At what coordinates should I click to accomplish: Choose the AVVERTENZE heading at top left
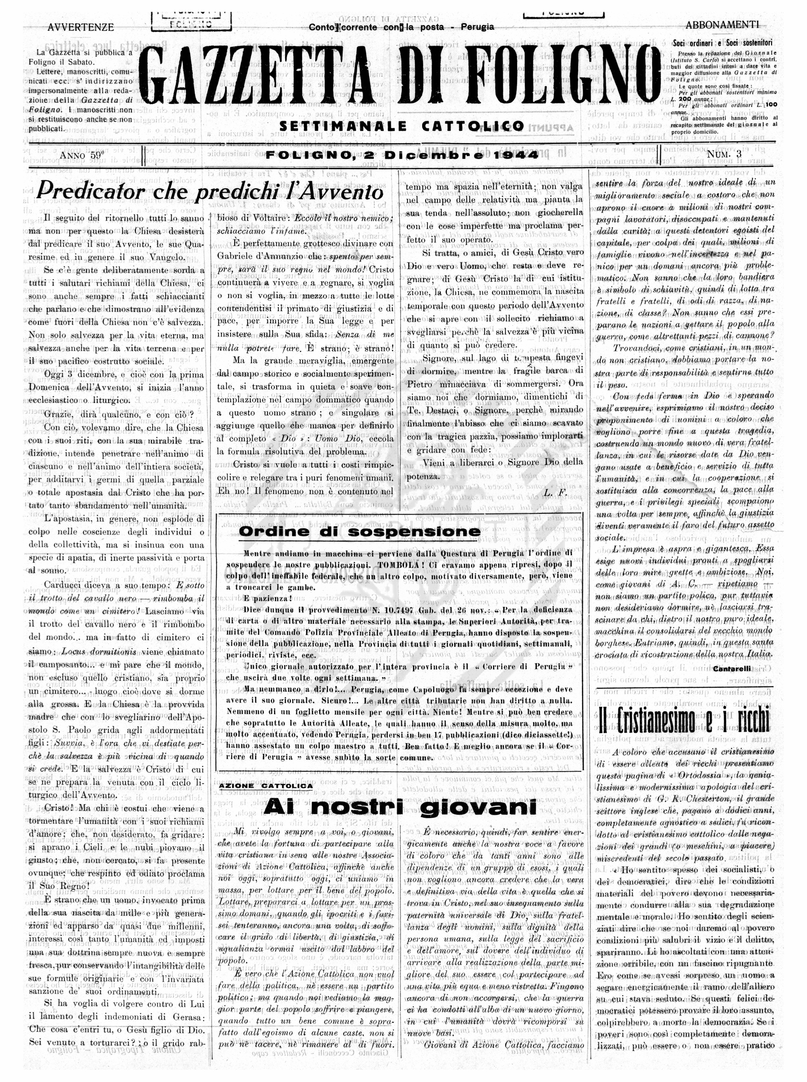tap(81, 28)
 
